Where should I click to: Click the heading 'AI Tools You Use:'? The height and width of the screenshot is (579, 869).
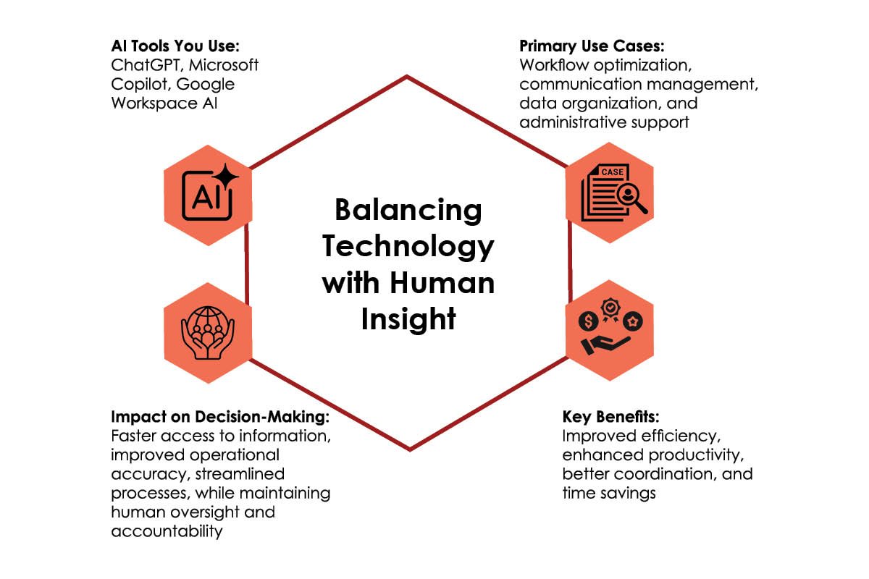tap(175, 46)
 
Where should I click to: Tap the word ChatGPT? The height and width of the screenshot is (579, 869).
tap(146, 65)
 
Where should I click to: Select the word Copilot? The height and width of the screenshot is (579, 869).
tap(140, 85)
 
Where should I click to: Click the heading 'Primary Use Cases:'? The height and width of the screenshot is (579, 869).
tap(592, 46)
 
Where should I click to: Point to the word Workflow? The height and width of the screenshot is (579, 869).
tap(554, 64)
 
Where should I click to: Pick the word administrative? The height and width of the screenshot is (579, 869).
tap(572, 122)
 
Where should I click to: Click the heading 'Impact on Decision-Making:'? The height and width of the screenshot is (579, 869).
tap(220, 416)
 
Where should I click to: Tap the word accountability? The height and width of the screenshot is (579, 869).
tap(167, 531)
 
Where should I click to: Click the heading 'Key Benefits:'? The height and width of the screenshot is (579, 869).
tap(610, 416)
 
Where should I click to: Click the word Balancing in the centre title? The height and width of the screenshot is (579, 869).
tap(408, 210)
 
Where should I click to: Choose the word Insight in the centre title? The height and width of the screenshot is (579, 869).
tap(408, 319)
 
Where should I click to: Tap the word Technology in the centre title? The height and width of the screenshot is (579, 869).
tap(408, 247)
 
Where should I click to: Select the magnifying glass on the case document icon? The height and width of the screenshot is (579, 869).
tap(631, 198)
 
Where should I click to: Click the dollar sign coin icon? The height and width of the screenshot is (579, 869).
tap(589, 321)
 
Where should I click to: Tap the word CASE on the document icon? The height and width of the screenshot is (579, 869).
tap(612, 172)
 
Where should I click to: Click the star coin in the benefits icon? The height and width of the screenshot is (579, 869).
tap(633, 321)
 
